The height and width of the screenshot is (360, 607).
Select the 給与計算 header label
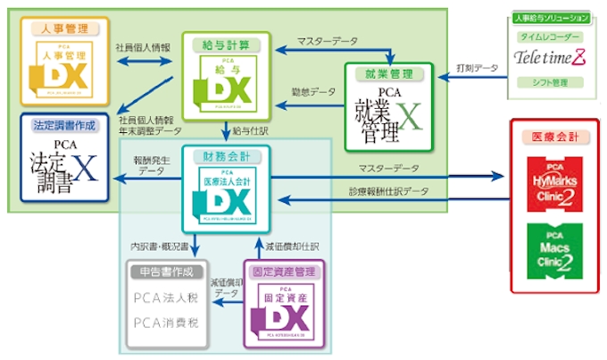click(219, 43)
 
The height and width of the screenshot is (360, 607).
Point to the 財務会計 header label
click(220, 156)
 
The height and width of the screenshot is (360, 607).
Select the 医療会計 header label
click(554, 137)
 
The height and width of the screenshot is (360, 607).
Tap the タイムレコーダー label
click(551, 37)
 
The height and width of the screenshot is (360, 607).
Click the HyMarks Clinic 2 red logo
click(554, 183)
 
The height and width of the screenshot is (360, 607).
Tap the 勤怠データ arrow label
click(315, 92)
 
